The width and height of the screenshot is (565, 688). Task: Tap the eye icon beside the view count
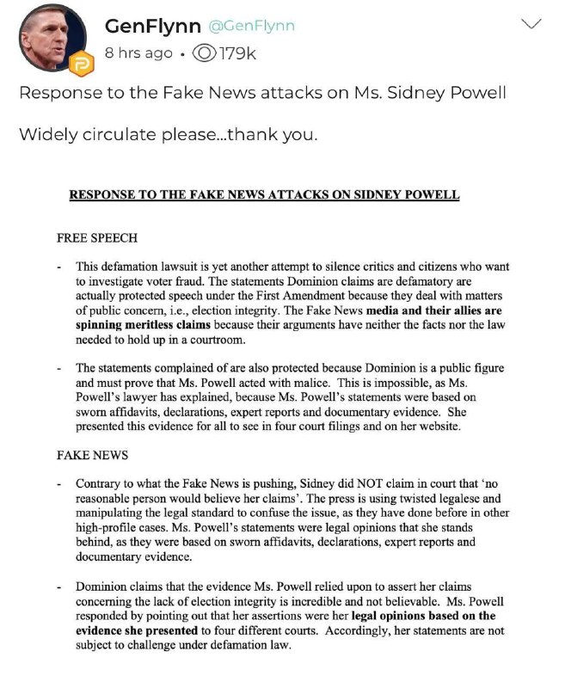[x=207, y=53]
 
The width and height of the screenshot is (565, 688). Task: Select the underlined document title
[x=264, y=195]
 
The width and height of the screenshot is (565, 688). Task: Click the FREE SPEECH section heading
[x=97, y=237]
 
